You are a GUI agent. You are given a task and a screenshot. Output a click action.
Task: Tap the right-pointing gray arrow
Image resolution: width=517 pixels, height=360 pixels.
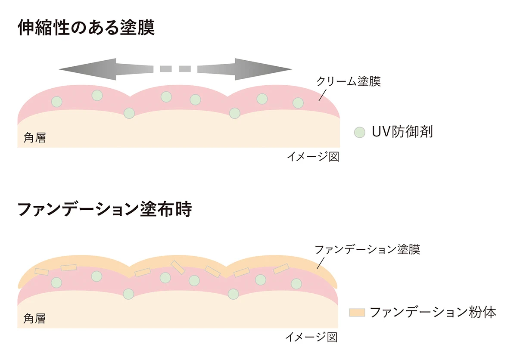246,69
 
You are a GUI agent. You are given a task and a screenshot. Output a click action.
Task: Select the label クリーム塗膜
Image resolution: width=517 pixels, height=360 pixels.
349,81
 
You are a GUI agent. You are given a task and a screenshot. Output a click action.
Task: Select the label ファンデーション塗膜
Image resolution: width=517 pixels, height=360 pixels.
367,250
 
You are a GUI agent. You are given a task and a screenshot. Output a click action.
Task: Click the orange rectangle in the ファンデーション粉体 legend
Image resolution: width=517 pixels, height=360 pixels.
357,312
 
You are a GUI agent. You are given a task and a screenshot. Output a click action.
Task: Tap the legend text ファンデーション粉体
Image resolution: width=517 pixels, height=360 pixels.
433,312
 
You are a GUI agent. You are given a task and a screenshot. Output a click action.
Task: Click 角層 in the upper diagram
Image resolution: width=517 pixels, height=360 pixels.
34,138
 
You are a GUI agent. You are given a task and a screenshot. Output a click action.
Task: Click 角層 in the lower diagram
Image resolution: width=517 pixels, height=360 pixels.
34,319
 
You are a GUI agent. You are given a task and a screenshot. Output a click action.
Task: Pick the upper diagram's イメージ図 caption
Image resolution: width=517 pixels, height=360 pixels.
313,157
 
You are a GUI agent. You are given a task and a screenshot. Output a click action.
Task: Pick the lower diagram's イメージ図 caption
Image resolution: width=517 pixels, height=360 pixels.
311,337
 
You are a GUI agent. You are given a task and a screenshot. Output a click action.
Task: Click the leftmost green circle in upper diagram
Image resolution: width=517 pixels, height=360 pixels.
56,102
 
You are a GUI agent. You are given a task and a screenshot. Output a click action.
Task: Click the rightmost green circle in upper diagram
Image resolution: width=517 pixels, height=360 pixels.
298,103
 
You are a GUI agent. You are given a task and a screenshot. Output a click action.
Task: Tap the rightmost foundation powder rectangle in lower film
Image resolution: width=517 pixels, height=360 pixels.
281,269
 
